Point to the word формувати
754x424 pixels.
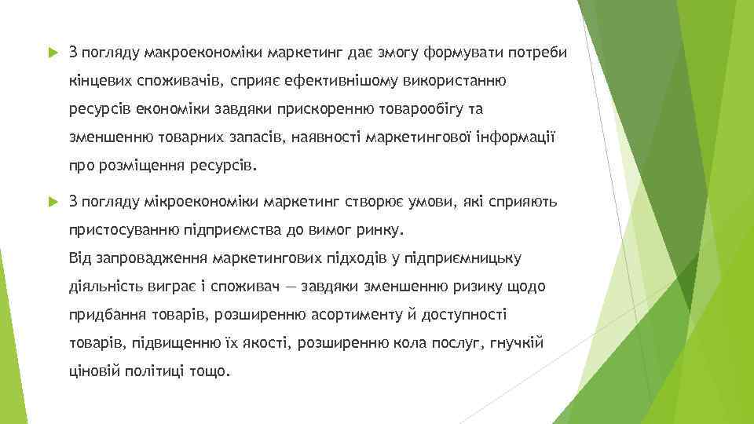pyautogui.click(x=459, y=53)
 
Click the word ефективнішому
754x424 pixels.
pyautogui.click(x=321, y=81)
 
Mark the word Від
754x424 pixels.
pyautogui.click(x=80, y=258)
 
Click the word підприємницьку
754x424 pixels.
pyautogui.click(x=468, y=258)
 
